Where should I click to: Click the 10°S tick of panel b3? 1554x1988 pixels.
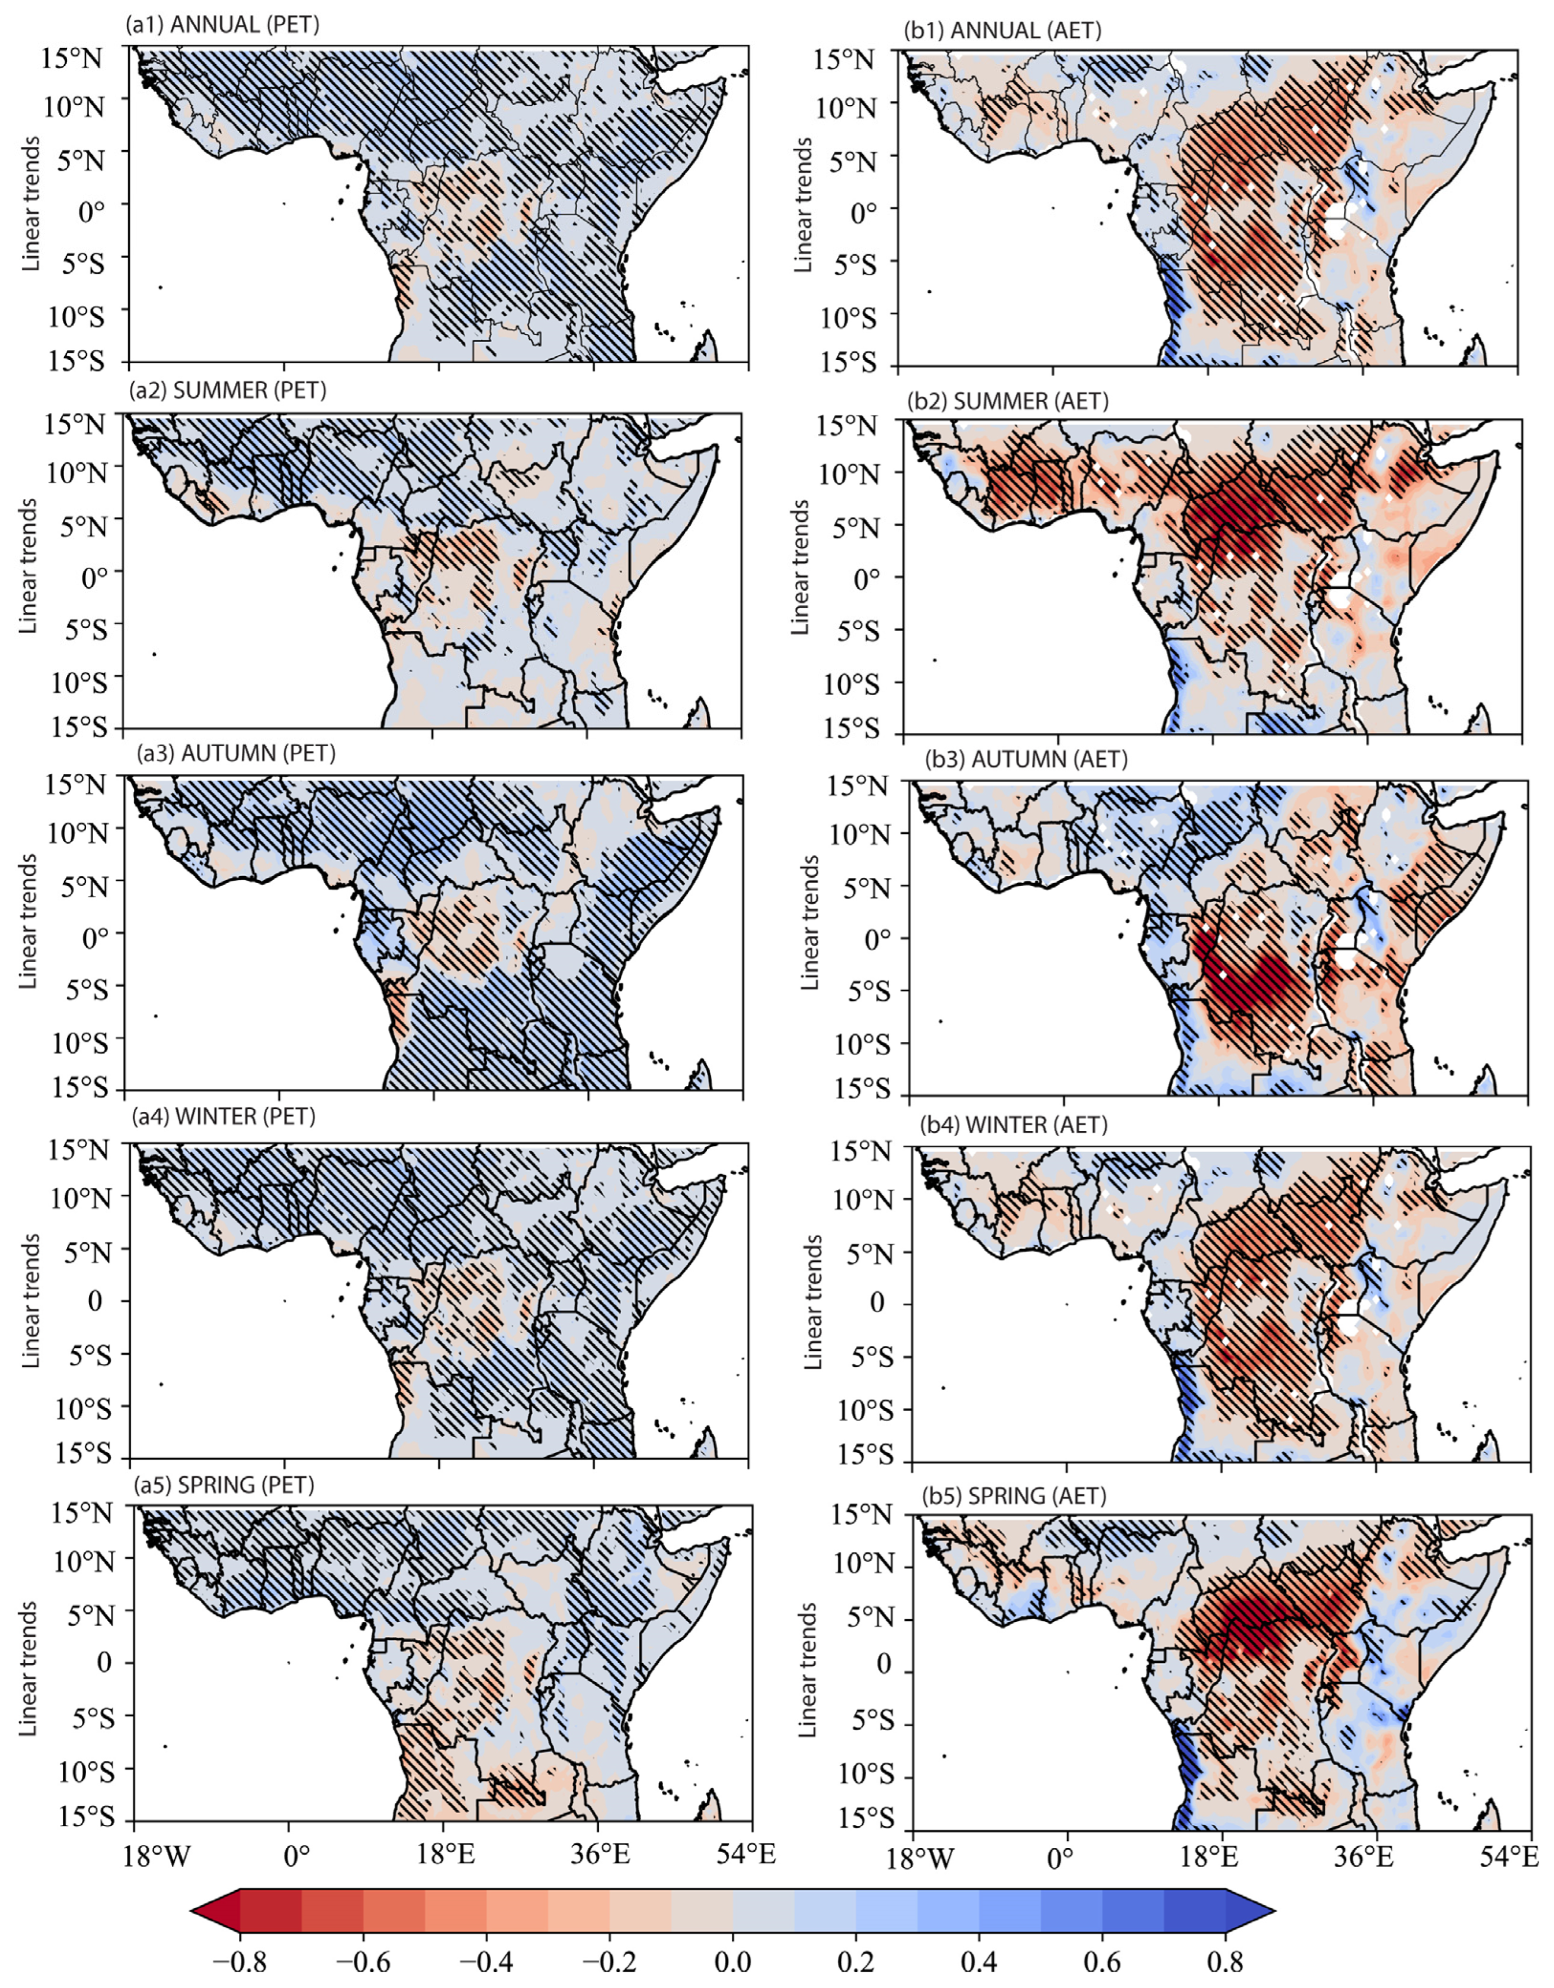click(x=856, y=1043)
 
